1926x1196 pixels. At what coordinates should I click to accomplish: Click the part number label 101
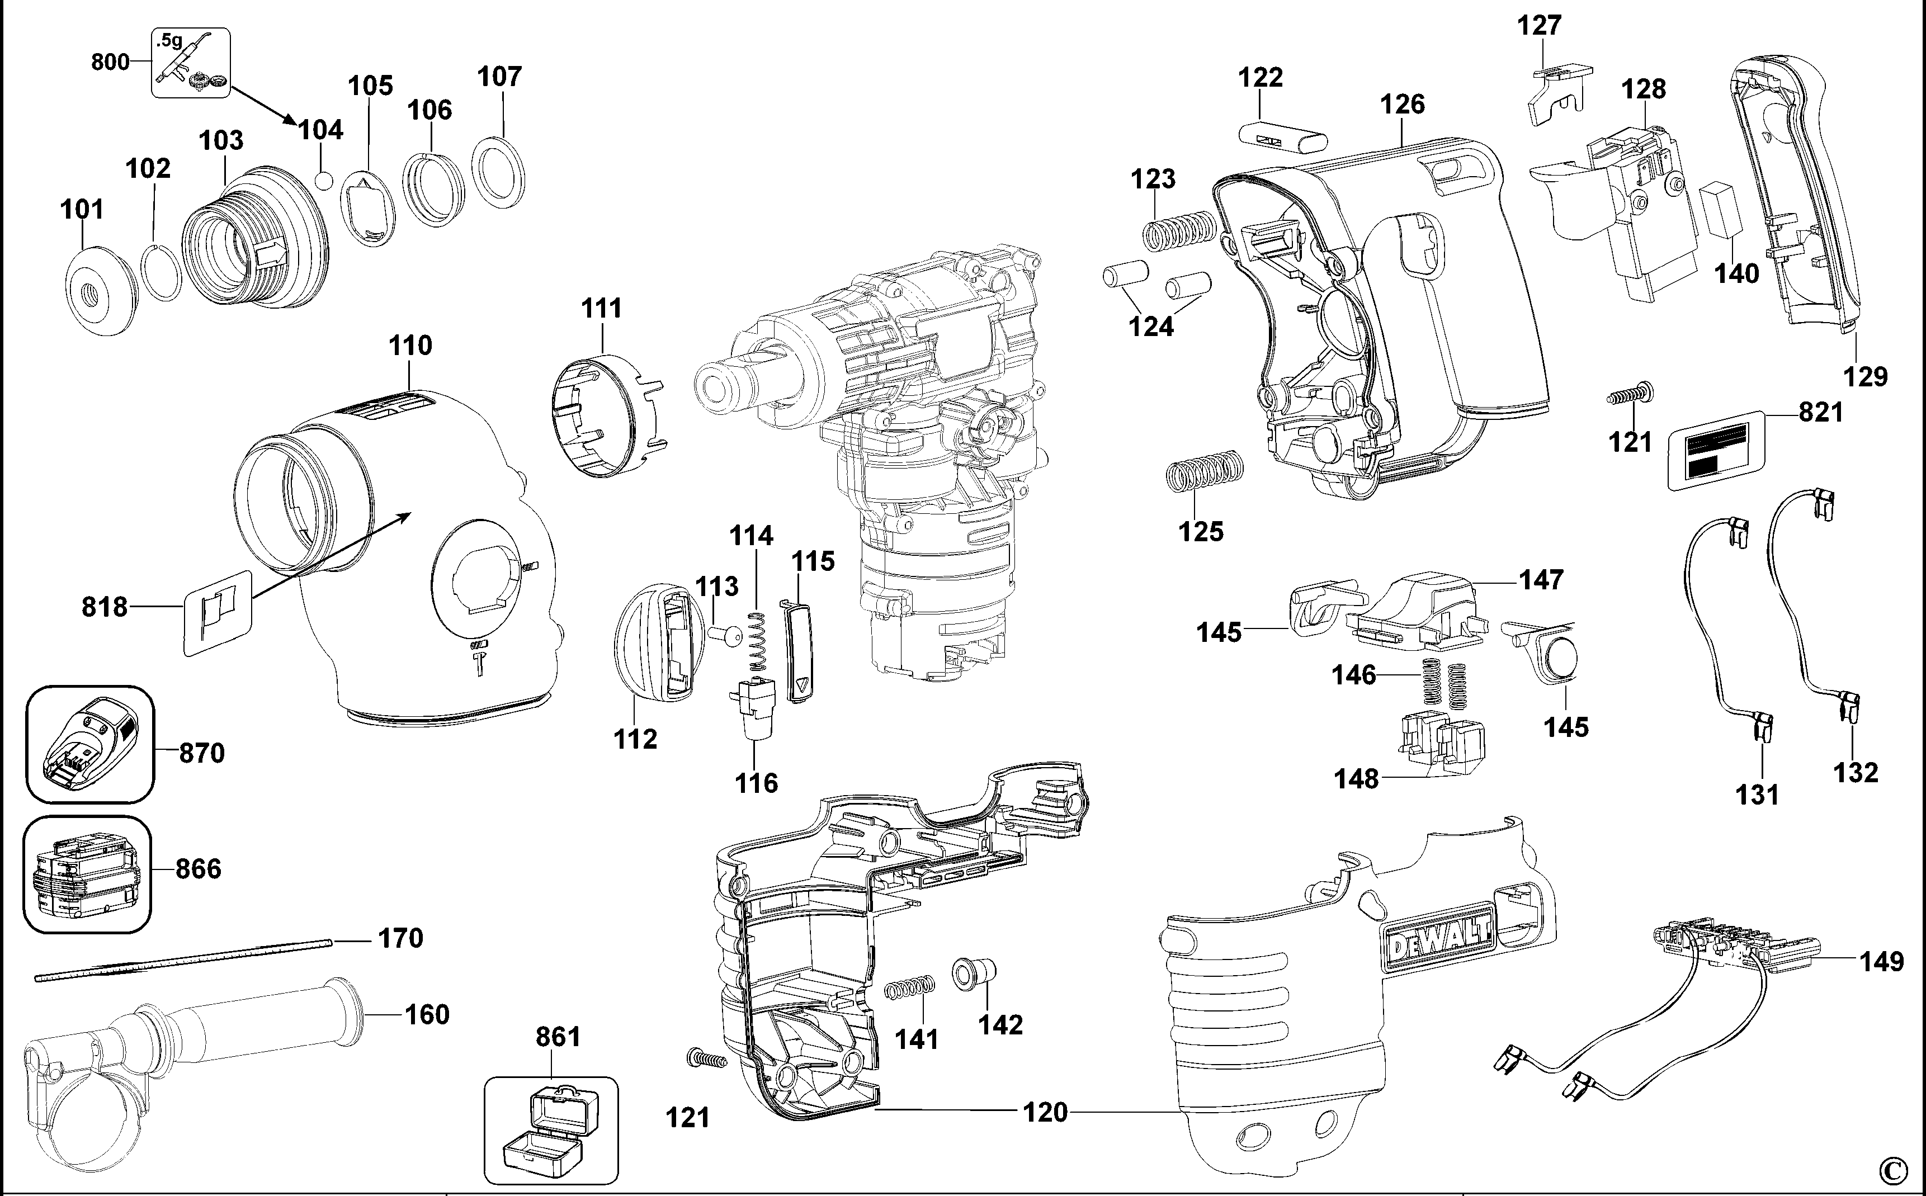point(82,210)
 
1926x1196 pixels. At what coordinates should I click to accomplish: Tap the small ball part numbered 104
point(322,179)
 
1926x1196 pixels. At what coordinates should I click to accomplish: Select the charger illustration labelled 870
point(89,744)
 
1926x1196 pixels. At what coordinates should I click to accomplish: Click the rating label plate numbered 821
point(1716,451)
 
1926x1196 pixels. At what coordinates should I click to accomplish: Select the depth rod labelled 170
point(182,959)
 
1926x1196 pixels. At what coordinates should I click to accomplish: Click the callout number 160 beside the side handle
point(427,1014)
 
